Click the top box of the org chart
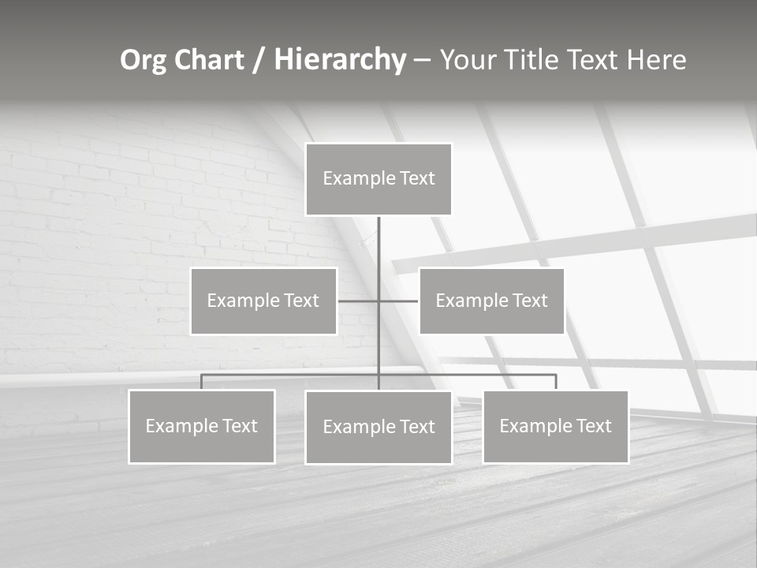pyautogui.click(x=378, y=179)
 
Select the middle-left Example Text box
pyautogui.click(x=263, y=301)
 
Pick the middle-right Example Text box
pyautogui.click(x=491, y=301)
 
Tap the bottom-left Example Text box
pyautogui.click(x=201, y=426)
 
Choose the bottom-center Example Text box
pyautogui.click(x=378, y=427)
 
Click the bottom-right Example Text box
pyautogui.click(x=555, y=426)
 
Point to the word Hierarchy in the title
pyautogui.click(x=340, y=60)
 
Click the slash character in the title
pyautogui.click(x=258, y=61)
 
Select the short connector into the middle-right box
pyautogui.click(x=399, y=301)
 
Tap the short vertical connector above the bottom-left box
pyautogui.click(x=201, y=382)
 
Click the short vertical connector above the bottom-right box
pyautogui.click(x=555, y=382)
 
